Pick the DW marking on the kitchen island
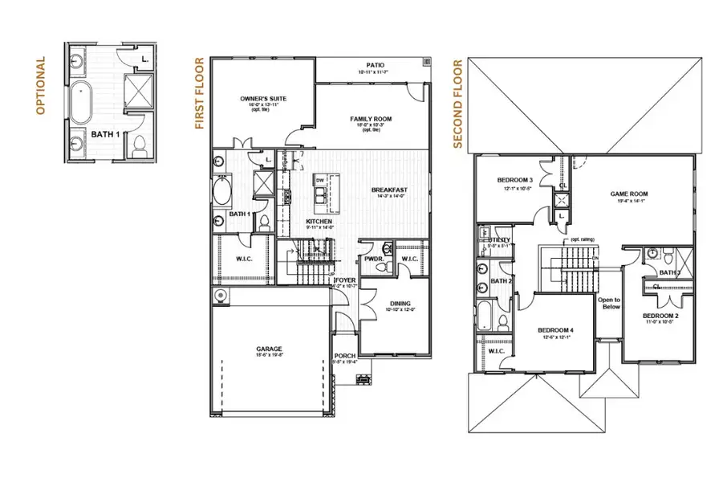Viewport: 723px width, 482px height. (x=319, y=181)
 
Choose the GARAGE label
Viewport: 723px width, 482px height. (x=268, y=349)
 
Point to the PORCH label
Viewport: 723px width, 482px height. (x=345, y=356)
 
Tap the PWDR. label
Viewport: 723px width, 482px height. (x=372, y=259)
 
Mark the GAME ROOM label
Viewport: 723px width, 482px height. (x=628, y=194)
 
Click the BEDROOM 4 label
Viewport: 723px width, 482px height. (x=554, y=330)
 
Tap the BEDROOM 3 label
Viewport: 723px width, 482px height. (x=513, y=180)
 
